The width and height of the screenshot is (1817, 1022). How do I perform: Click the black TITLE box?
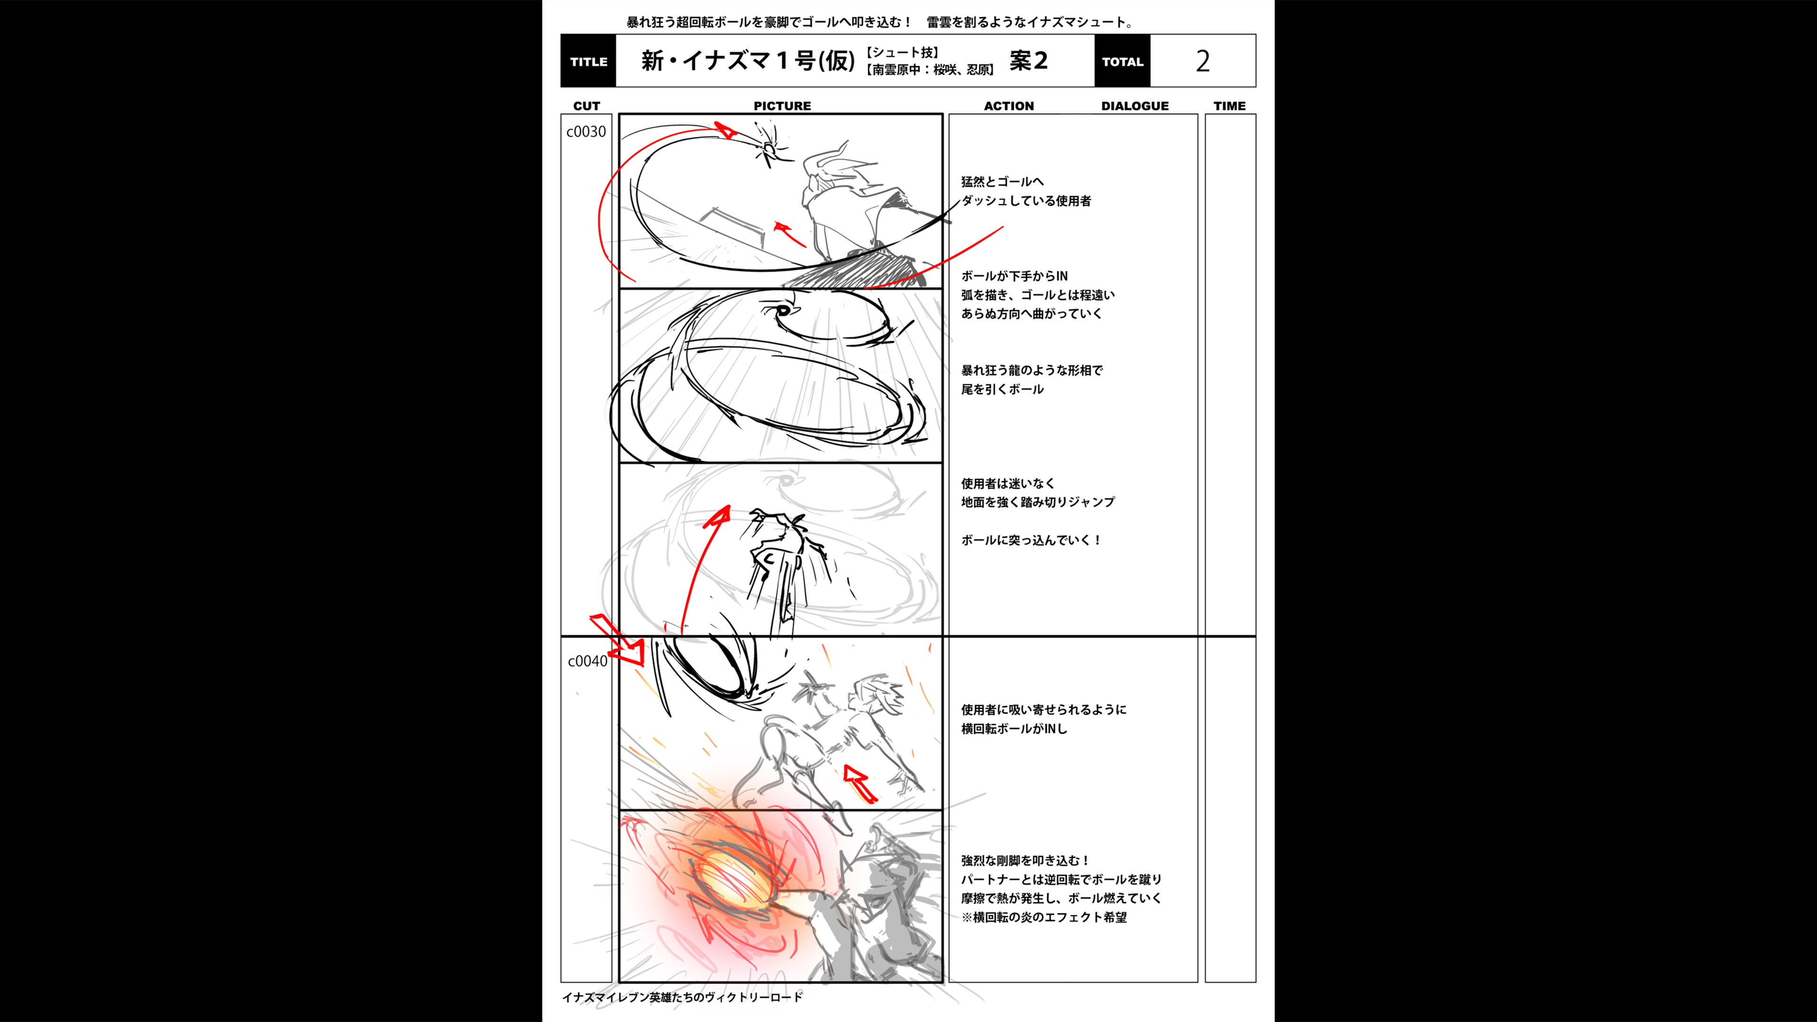coord(588,62)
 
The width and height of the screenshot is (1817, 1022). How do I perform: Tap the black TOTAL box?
coord(1122,62)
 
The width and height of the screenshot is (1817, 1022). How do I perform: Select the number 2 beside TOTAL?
coord(1203,62)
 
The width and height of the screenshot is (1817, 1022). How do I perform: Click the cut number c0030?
coord(586,132)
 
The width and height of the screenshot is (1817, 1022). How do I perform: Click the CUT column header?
coord(586,106)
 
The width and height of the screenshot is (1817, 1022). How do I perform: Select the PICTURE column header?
coord(782,106)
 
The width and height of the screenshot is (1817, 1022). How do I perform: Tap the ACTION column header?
coord(1009,106)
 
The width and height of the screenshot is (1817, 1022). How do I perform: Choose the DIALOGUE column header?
coord(1135,106)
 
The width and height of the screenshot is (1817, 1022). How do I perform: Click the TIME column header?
coord(1229,106)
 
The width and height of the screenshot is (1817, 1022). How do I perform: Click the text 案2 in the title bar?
coord(1028,61)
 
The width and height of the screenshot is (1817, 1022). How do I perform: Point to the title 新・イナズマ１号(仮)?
coord(748,61)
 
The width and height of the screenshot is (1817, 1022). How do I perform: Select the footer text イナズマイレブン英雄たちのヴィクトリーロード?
coord(682,996)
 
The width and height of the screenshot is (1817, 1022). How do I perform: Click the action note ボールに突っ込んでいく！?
coord(1031,540)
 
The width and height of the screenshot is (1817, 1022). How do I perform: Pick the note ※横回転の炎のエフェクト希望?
coord(1044,917)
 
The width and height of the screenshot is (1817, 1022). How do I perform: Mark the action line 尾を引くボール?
coord(1002,389)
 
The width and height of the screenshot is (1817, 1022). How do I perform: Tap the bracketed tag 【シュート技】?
coord(902,52)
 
